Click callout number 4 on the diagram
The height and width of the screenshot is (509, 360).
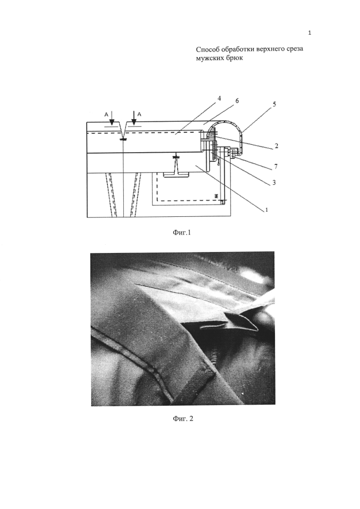click(x=219, y=98)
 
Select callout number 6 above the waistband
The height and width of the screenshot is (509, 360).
click(x=237, y=101)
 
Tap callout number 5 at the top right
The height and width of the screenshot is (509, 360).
click(x=274, y=104)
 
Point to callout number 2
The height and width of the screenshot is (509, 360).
click(x=276, y=146)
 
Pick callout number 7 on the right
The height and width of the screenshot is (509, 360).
click(x=275, y=166)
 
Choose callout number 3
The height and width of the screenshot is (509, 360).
click(x=274, y=183)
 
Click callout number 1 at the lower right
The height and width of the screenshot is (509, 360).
click(x=266, y=210)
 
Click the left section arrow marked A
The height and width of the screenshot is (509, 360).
click(x=112, y=119)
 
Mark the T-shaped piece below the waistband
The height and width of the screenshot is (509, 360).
click(x=176, y=166)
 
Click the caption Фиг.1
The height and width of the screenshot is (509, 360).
click(x=181, y=233)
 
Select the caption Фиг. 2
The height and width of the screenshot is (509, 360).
click(x=183, y=419)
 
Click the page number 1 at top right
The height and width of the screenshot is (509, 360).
click(x=310, y=33)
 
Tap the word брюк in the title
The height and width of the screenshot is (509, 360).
click(x=235, y=59)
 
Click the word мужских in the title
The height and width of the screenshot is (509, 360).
click(x=211, y=59)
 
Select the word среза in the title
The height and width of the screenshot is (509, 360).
click(x=294, y=50)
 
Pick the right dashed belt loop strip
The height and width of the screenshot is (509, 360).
click(x=135, y=195)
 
